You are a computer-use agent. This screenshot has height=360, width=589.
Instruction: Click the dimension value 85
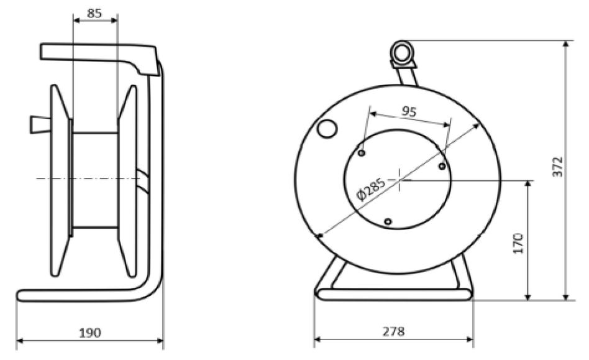[94, 12]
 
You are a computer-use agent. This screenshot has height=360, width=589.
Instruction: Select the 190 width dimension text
[90, 333]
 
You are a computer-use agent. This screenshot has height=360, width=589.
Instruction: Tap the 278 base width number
[393, 331]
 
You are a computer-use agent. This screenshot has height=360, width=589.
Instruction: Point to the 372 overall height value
[557, 167]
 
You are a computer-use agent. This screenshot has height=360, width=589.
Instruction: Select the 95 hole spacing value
[408, 111]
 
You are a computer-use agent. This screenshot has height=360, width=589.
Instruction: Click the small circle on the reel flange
[326, 129]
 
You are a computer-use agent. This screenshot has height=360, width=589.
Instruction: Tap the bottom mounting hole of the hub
[388, 221]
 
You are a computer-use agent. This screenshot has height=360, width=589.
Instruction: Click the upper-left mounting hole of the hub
[362, 152]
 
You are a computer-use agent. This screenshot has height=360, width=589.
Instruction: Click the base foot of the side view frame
[81, 295]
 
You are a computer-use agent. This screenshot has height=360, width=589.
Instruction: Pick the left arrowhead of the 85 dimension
[76, 21]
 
